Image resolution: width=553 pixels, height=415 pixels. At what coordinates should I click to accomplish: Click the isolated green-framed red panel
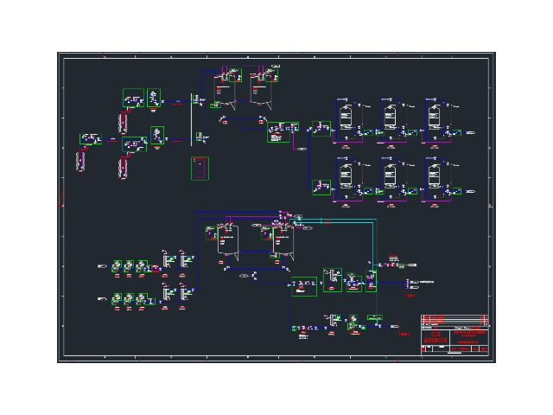[200, 168]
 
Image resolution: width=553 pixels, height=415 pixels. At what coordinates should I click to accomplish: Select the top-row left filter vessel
[345, 115]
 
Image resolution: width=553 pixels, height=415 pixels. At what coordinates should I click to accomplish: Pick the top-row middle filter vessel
[389, 115]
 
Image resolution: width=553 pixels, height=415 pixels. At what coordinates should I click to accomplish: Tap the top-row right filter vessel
[433, 115]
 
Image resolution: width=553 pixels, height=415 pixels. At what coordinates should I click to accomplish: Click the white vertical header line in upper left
[190, 119]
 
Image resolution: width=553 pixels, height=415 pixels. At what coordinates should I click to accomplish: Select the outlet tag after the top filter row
[472, 133]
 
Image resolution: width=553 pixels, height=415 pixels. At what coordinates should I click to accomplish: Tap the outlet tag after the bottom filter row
[472, 192]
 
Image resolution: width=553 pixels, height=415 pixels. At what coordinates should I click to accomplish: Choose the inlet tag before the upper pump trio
[103, 267]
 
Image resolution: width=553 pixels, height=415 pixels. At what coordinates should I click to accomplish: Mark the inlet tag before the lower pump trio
[103, 299]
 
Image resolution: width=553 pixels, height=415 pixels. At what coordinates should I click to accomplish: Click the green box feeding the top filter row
[321, 129]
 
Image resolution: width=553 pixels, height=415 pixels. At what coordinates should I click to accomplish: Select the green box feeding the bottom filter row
[321, 188]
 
